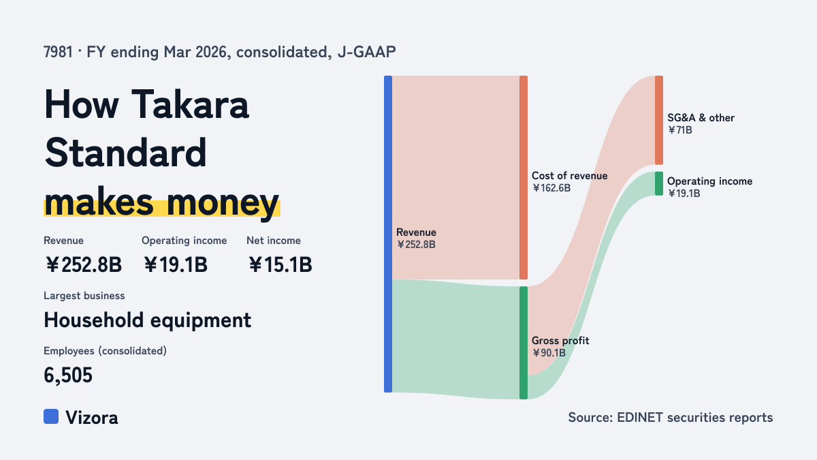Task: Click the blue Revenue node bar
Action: (388, 234)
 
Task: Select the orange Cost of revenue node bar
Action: (524, 177)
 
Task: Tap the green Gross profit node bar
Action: (524, 343)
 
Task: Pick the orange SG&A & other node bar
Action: (659, 120)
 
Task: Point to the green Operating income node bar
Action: (659, 183)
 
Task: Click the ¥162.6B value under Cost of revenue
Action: (551, 188)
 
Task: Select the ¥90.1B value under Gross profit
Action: (549, 353)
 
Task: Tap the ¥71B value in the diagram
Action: (680, 130)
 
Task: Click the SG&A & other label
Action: (701, 118)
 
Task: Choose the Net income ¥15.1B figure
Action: (280, 264)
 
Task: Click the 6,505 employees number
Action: (68, 375)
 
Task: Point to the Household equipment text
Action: (147, 320)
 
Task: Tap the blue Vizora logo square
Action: (51, 416)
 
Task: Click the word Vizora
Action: (91, 418)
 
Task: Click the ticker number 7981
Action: (58, 52)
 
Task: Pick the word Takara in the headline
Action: (190, 104)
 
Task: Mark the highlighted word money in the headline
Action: (223, 202)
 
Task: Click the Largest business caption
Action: (84, 296)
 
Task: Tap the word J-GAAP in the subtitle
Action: (366, 52)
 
